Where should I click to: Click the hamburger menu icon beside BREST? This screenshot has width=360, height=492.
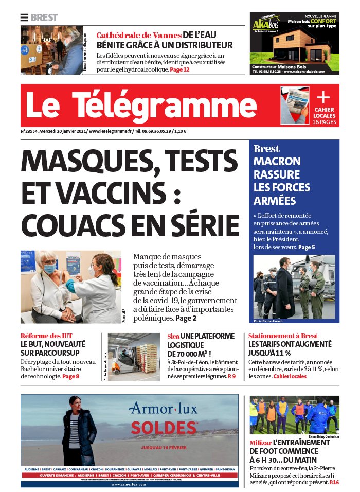click(24, 17)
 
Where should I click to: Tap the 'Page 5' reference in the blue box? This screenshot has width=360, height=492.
click(307, 247)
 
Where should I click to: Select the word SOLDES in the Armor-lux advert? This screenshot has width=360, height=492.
click(165, 428)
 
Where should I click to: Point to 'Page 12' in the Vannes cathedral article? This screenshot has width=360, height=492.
click(179, 69)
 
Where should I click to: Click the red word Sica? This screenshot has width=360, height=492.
click(173, 336)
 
